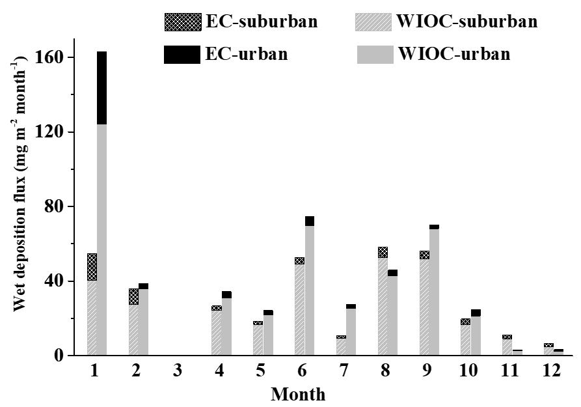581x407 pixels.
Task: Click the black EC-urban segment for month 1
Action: point(101,88)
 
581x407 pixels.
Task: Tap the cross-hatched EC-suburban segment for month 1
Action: point(92,267)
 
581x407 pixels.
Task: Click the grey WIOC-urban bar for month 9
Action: point(434,292)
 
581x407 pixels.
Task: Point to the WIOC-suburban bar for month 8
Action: point(383,307)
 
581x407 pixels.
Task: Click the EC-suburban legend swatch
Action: point(183,22)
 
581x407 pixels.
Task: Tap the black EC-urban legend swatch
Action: point(183,55)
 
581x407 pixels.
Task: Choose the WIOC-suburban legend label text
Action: point(466,22)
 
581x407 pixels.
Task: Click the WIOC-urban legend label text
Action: point(453,55)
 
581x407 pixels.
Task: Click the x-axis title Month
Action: point(298,393)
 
